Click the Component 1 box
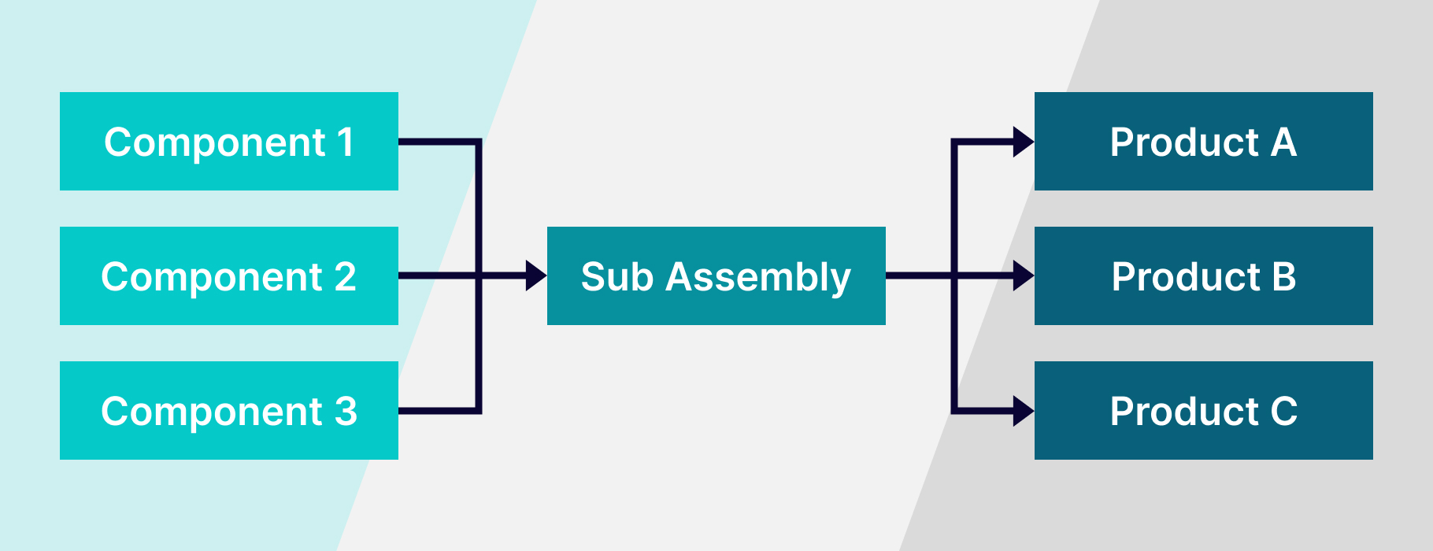[x=228, y=142]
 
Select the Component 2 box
[x=228, y=276]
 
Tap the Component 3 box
[x=228, y=411]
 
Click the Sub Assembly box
[x=716, y=276]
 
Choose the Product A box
[x=1203, y=142]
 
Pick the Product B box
[x=1203, y=276]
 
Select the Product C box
[x=1203, y=411]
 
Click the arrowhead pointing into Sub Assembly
[x=536, y=275]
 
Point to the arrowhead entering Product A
[x=1023, y=142]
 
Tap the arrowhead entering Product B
[x=1023, y=275]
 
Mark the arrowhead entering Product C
[x=1023, y=411]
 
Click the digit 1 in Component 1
[x=346, y=142]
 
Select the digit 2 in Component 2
[x=345, y=277]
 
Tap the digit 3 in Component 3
[x=346, y=412]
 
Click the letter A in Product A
[x=1283, y=142]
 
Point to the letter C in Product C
[x=1283, y=412]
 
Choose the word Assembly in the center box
[x=758, y=278]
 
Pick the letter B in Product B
[x=1283, y=277]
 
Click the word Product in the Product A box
[x=1184, y=142]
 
